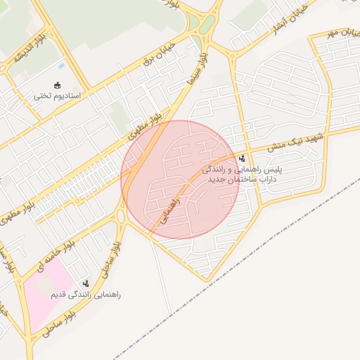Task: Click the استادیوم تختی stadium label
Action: click(58, 95)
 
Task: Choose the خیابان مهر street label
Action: click(342, 32)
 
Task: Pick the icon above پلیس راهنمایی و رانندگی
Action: click(242, 158)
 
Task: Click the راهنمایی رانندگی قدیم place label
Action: click(85, 294)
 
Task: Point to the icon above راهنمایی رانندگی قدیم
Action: click(85, 283)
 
